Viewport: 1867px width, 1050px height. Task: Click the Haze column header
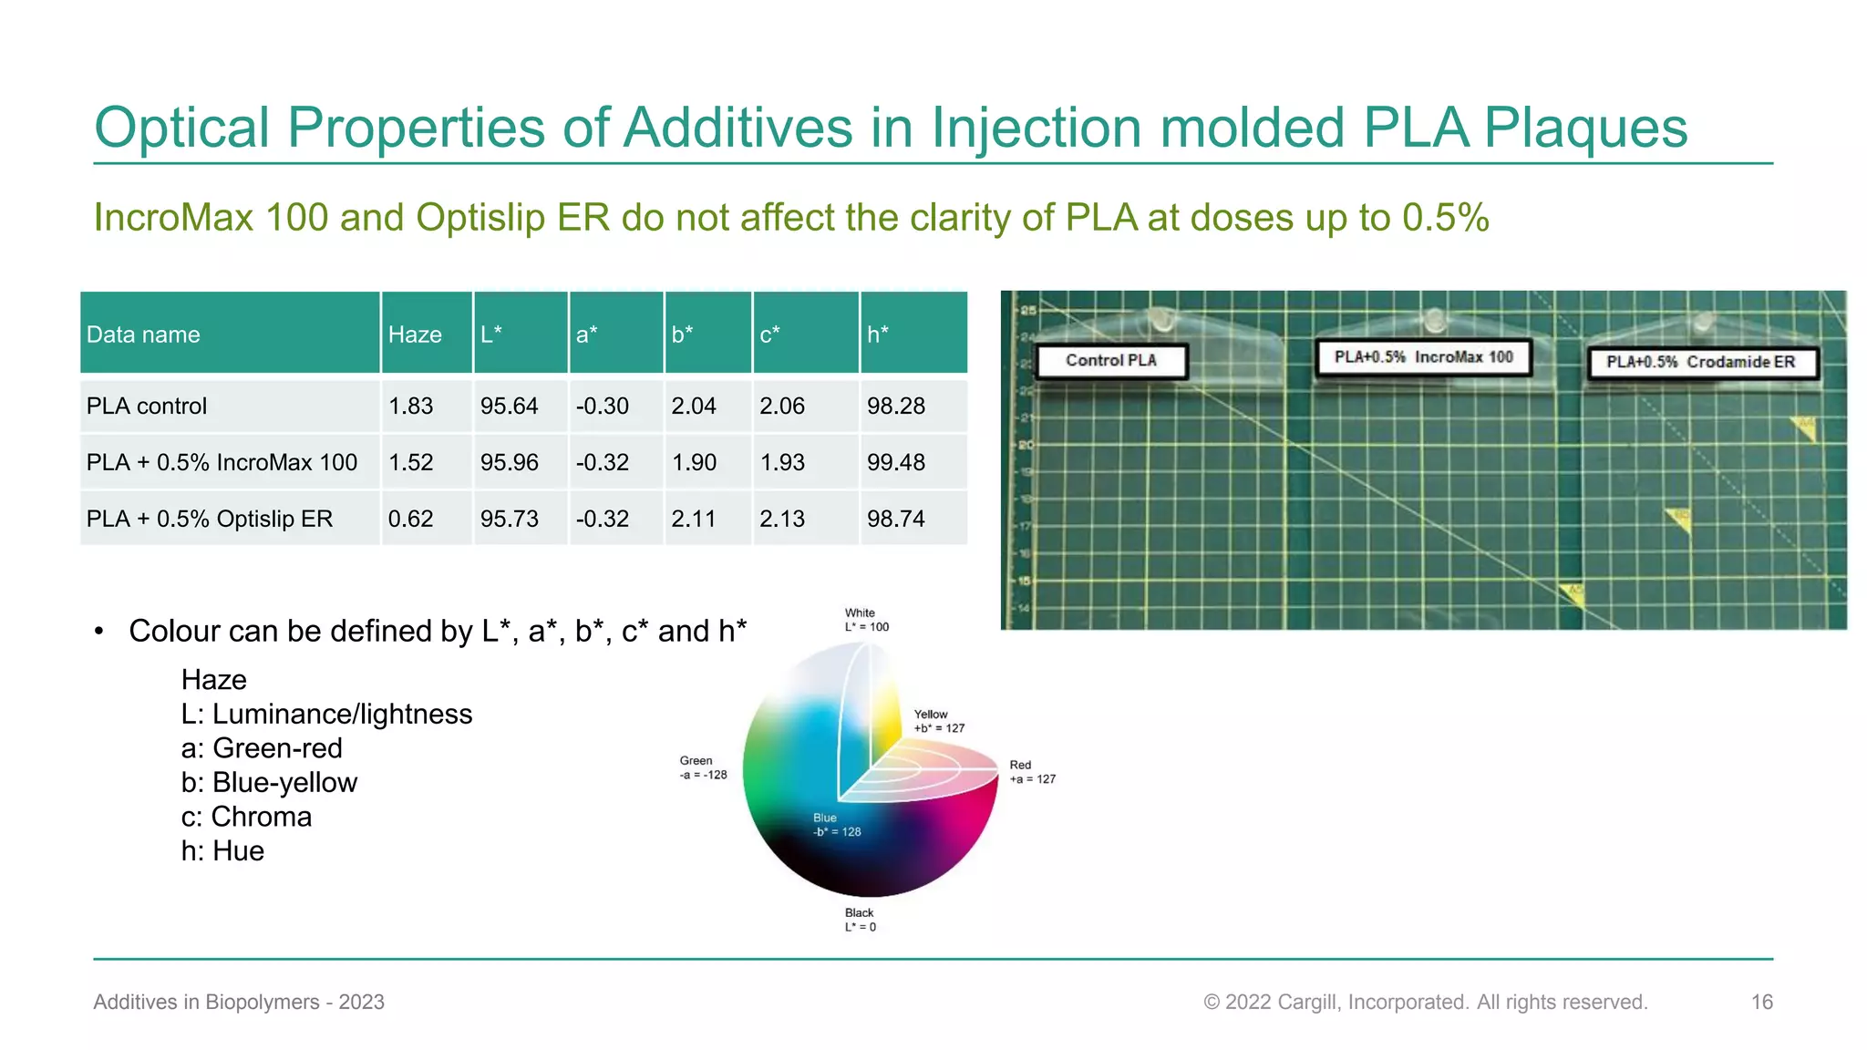coord(415,335)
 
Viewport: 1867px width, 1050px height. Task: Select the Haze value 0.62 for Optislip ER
coord(410,519)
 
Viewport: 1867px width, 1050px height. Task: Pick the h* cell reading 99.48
coord(895,462)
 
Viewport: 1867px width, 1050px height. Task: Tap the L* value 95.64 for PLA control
coord(509,406)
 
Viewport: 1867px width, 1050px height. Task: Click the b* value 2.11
coord(694,519)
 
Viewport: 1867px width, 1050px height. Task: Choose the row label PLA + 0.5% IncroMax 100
coord(222,462)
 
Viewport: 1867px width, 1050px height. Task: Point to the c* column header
coord(770,335)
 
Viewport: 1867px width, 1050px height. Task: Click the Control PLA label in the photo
coord(1110,361)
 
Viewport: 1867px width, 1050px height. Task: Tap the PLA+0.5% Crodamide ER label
coord(1700,363)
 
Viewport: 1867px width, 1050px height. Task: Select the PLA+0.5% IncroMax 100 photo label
coord(1423,357)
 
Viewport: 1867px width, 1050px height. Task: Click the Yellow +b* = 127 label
coord(939,721)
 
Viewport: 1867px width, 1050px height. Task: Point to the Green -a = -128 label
coord(703,767)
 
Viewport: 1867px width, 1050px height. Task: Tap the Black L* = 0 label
coord(860,920)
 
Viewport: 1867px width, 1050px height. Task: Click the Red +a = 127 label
coord(1032,772)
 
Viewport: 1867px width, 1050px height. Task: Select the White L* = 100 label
coord(866,620)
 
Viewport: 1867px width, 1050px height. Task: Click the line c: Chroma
coord(246,817)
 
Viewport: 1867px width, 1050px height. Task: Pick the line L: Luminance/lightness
coord(326,714)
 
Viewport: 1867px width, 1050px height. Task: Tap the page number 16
coord(1761,1002)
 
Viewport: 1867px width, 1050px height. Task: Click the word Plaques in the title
coord(1585,128)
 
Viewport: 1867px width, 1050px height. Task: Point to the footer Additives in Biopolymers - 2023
coord(239,1002)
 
